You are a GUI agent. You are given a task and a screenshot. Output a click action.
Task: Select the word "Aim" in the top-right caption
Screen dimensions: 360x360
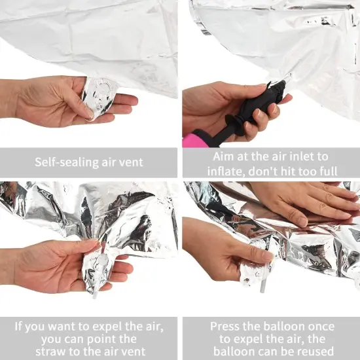[224, 156]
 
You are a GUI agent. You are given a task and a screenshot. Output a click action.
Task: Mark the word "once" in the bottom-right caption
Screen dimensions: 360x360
[318, 326]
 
